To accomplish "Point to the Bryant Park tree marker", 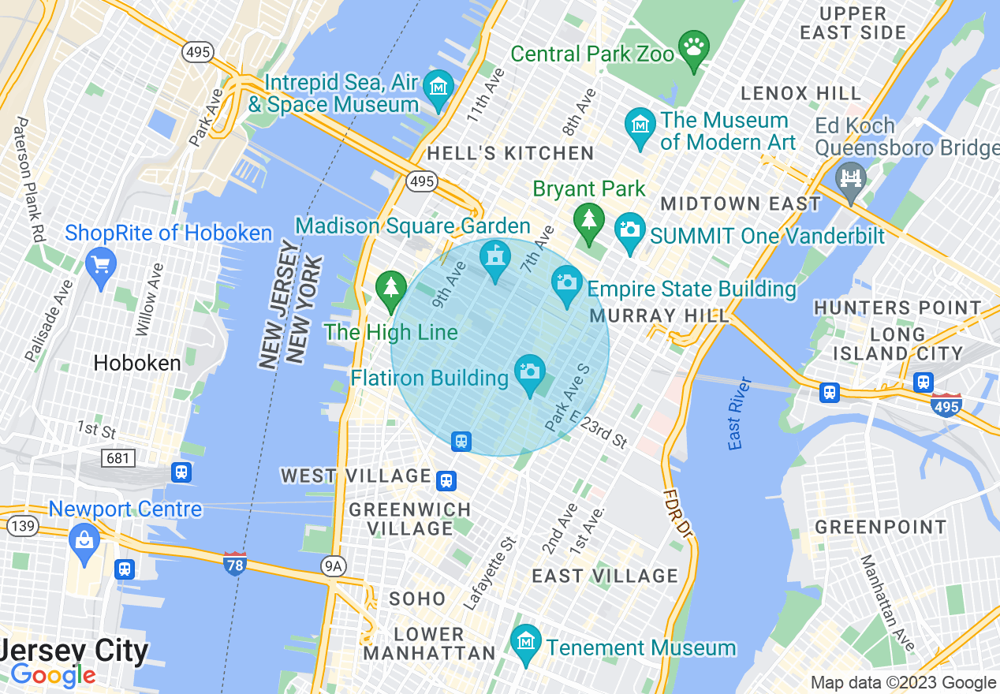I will pyautogui.click(x=589, y=221).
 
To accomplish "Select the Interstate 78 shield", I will pyautogui.click(x=235, y=563).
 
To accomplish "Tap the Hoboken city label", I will pyautogui.click(x=137, y=364).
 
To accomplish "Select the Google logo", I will pyautogui.click(x=53, y=675).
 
